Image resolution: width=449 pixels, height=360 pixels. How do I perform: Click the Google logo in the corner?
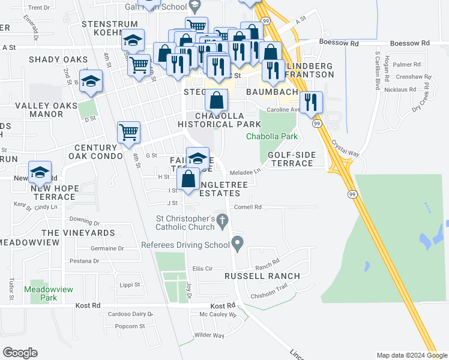pyautogui.click(x=20, y=353)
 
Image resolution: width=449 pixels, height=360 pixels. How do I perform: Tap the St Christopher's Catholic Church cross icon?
pyautogui.click(x=222, y=221)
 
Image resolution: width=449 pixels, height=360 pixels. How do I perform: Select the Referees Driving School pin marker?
pyautogui.click(x=238, y=244)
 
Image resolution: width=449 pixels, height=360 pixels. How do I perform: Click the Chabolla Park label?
pyautogui.click(x=272, y=137)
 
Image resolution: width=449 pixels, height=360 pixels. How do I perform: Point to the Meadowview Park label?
pyautogui.click(x=49, y=293)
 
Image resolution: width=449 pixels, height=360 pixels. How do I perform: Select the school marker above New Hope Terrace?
pyautogui.click(x=40, y=172)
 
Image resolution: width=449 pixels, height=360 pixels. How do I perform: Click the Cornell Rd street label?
pyautogui.click(x=249, y=207)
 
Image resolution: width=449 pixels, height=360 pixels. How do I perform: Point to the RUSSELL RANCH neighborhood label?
pyautogui.click(x=262, y=276)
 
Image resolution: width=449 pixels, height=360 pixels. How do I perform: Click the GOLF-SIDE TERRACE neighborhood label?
pyautogui.click(x=291, y=159)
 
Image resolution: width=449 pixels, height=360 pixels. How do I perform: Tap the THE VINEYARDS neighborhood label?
pyautogui.click(x=78, y=232)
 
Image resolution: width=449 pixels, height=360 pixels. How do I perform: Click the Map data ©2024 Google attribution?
pyautogui.click(x=411, y=355)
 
